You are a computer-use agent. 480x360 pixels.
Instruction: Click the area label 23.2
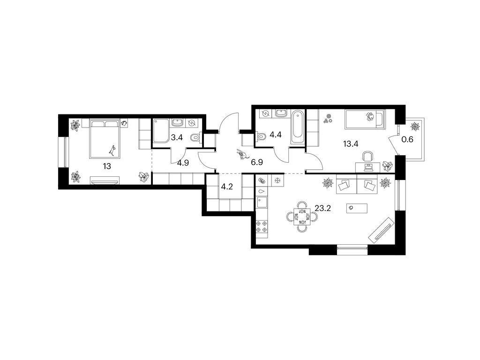[322, 209]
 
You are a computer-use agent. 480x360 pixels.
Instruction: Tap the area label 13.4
[351, 143]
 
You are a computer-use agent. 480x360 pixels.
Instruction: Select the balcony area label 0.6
[407, 140]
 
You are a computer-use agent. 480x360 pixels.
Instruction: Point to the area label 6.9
[257, 162]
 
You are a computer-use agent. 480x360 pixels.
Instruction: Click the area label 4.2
[227, 187]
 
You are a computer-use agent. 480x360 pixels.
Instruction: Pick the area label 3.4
[177, 137]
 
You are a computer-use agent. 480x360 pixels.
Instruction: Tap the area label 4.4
[275, 135]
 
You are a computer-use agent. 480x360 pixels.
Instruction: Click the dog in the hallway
[242, 155]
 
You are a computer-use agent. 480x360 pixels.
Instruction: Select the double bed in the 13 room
[104, 139]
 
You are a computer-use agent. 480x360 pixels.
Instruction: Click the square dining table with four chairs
[302, 217]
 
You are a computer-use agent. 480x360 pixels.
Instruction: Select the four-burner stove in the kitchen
[262, 226]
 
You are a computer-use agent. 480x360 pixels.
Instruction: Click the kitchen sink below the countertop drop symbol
[262, 202]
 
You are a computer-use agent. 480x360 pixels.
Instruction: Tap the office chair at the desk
[367, 156]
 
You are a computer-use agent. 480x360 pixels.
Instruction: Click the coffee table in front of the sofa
[357, 208]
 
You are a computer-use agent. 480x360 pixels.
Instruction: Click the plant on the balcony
[415, 126]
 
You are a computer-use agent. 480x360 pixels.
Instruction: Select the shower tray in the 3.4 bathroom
[161, 131]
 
